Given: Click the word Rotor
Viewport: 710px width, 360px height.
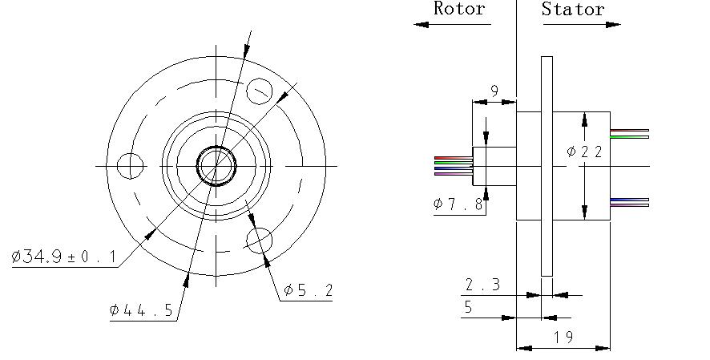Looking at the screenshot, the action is (x=459, y=8).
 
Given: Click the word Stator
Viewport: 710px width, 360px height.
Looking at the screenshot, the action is (x=573, y=9).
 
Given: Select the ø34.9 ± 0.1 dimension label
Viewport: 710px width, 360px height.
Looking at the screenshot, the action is (x=63, y=257).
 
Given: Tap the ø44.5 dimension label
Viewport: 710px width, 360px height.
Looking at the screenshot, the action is (x=141, y=310).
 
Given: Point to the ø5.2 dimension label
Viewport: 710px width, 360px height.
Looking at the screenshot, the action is (x=308, y=289).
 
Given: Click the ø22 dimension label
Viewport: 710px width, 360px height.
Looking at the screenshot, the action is (x=584, y=152).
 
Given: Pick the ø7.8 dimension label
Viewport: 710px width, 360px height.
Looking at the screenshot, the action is (x=458, y=204).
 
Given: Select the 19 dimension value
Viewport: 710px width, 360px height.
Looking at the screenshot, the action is (x=563, y=337).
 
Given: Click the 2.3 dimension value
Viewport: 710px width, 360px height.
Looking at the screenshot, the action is (x=482, y=285).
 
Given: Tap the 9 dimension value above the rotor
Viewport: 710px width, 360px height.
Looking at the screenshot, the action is (x=494, y=91).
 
